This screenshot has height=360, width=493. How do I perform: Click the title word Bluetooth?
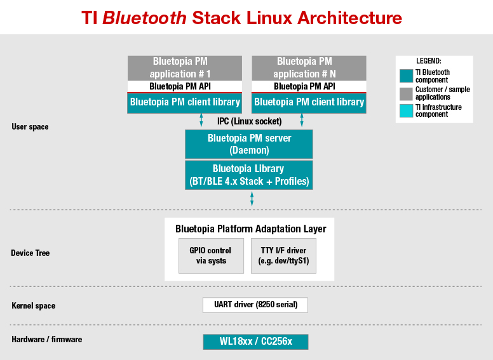coord(144,18)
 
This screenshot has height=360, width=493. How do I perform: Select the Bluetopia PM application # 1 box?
coord(185,68)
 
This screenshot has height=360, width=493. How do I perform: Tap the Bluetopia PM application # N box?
coord(309,68)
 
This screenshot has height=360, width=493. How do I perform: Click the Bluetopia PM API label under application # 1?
coord(185,86)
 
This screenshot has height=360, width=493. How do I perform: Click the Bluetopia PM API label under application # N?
coord(309,86)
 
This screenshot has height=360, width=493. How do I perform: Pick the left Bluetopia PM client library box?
coord(185,102)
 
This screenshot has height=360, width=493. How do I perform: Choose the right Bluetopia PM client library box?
coord(309,102)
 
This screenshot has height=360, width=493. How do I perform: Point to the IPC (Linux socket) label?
coord(249,121)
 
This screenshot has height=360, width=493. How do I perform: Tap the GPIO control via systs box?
coord(211,256)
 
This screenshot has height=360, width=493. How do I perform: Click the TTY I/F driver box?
coord(283,256)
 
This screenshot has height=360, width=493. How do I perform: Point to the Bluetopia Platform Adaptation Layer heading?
coord(250,229)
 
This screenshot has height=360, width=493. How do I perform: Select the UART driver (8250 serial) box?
coord(255,305)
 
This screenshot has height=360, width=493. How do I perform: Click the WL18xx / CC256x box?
coord(255,342)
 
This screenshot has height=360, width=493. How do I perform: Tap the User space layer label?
coord(30,127)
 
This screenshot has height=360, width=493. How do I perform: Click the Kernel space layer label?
coord(33,305)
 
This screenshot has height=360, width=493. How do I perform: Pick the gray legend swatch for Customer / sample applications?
coord(406,93)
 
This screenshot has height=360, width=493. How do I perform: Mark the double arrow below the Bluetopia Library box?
coord(252,198)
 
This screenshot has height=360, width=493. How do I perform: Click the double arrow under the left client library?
coord(201,121)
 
